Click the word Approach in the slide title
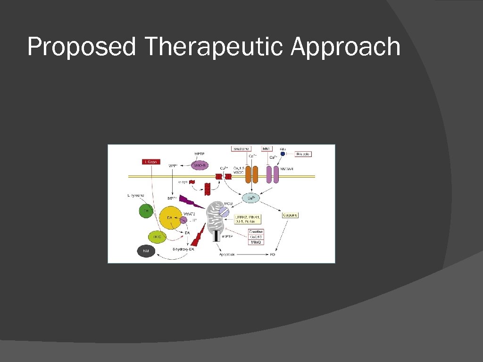click(x=345, y=48)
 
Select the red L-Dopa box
click(x=151, y=162)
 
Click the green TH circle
click(x=147, y=211)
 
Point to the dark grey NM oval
click(x=146, y=252)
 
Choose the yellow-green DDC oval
click(x=157, y=237)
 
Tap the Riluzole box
click(x=303, y=154)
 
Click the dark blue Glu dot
click(x=283, y=154)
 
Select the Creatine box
click(x=256, y=232)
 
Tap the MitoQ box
click(x=256, y=242)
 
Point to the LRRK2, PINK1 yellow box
click(x=247, y=219)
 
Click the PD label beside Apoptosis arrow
click(x=272, y=255)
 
